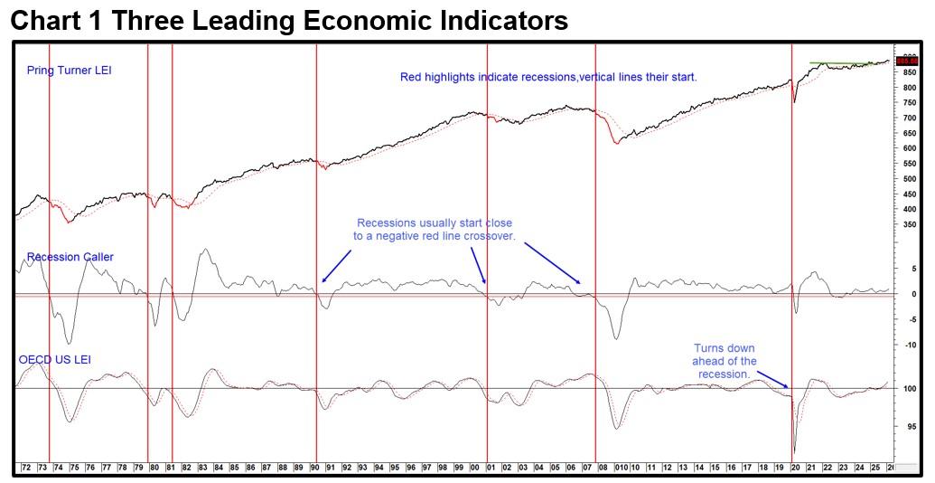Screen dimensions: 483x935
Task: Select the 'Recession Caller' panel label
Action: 70,257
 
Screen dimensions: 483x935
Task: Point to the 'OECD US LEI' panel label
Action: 54,359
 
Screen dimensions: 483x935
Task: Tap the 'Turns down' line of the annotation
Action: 724,348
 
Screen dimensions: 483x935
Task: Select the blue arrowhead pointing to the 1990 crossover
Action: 323,281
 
